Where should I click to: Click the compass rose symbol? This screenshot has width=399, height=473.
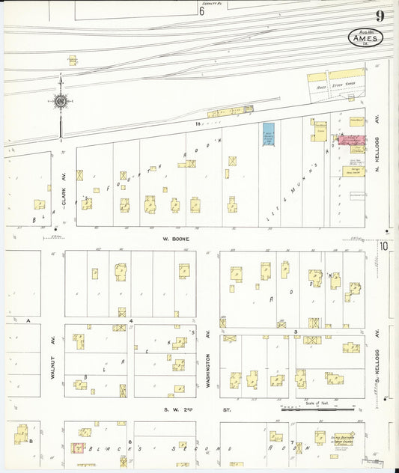pyautogui.click(x=60, y=101)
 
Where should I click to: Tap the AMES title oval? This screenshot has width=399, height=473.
pyautogui.click(x=365, y=37)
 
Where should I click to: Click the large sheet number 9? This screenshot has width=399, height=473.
pyautogui.click(x=380, y=16)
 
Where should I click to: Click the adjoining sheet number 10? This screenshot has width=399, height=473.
pyautogui.click(x=383, y=245)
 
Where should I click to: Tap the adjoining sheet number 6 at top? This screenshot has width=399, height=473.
pyautogui.click(x=201, y=11)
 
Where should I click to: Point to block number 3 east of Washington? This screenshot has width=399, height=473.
pyautogui.click(x=296, y=330)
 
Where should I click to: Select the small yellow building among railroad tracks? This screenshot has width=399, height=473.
pyautogui.click(x=73, y=60)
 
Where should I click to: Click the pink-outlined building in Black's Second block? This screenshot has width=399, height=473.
pyautogui.click(x=76, y=448)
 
